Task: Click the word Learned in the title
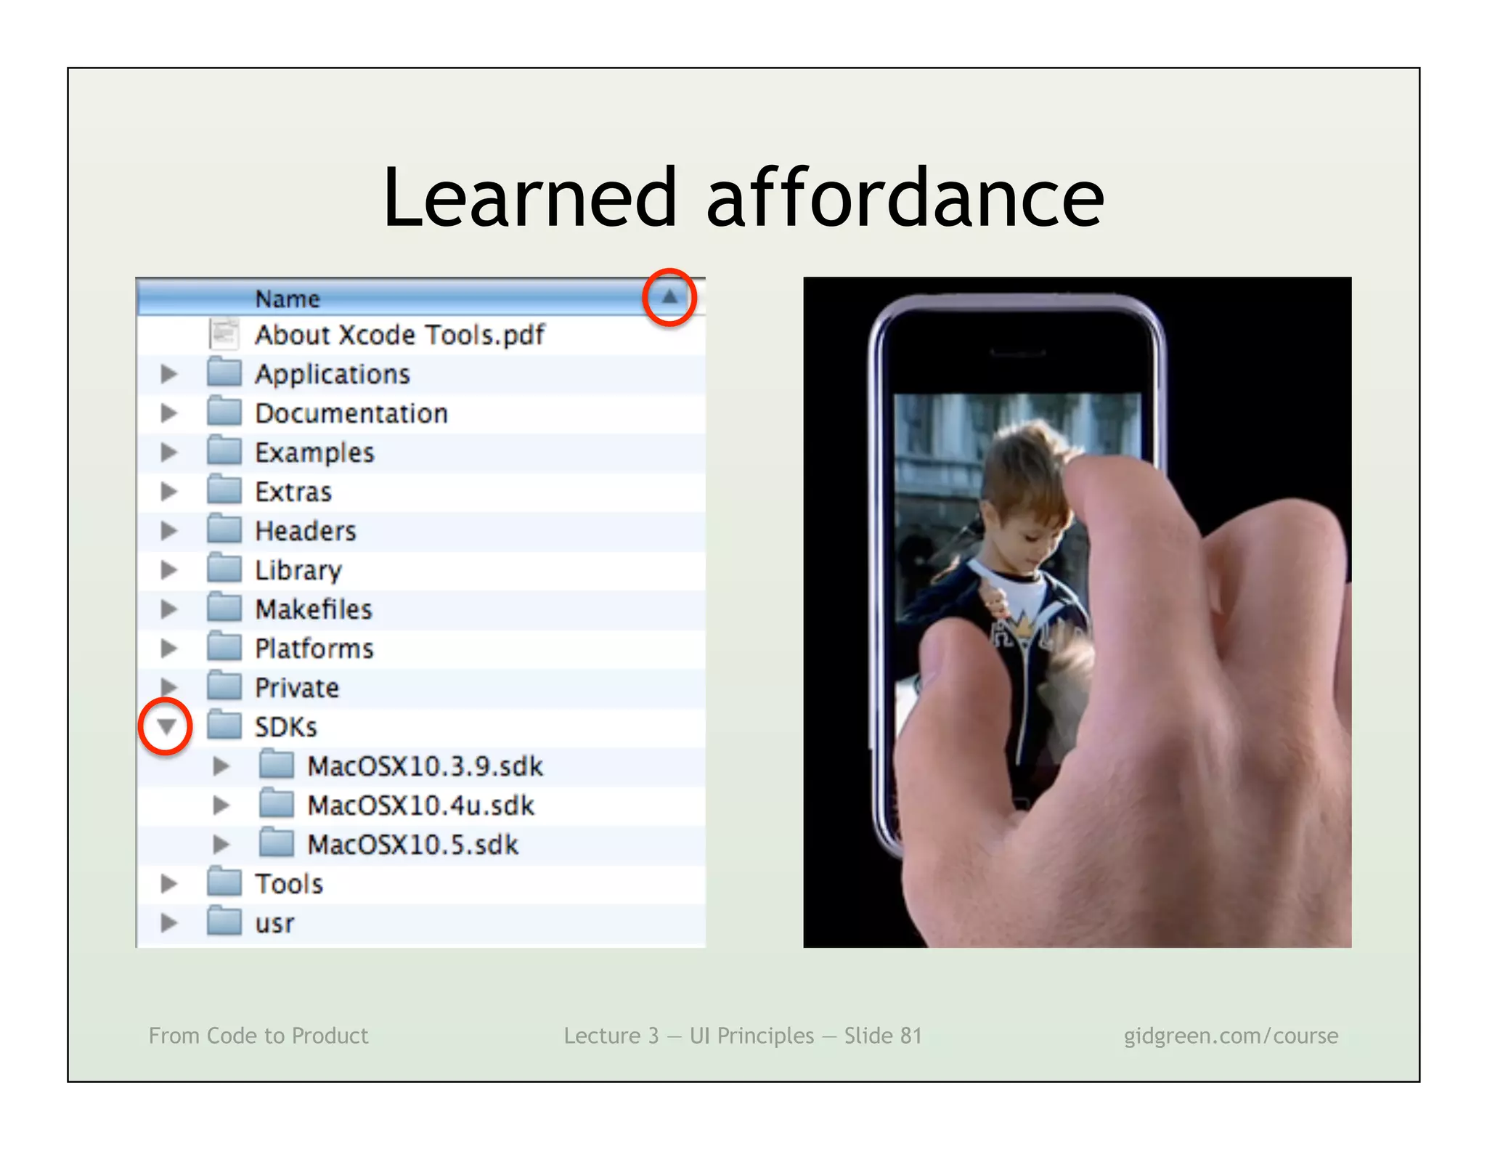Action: point(529,198)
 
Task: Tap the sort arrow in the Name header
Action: point(669,296)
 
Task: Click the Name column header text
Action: point(288,299)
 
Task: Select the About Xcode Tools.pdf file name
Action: point(399,335)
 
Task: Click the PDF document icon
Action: point(224,335)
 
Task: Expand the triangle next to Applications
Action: point(168,374)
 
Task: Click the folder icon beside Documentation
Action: point(224,413)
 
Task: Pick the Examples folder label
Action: point(314,452)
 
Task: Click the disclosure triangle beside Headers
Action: point(168,531)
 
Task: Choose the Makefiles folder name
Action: point(314,609)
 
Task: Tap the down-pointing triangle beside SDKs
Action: point(166,726)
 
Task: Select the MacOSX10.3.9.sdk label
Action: point(425,766)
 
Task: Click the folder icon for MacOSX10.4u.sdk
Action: point(277,805)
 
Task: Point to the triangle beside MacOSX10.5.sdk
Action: point(221,845)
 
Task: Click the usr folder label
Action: point(274,924)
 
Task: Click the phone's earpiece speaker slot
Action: point(1018,353)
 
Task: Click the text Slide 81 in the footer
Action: point(882,1036)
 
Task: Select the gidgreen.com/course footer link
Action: point(1231,1036)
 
